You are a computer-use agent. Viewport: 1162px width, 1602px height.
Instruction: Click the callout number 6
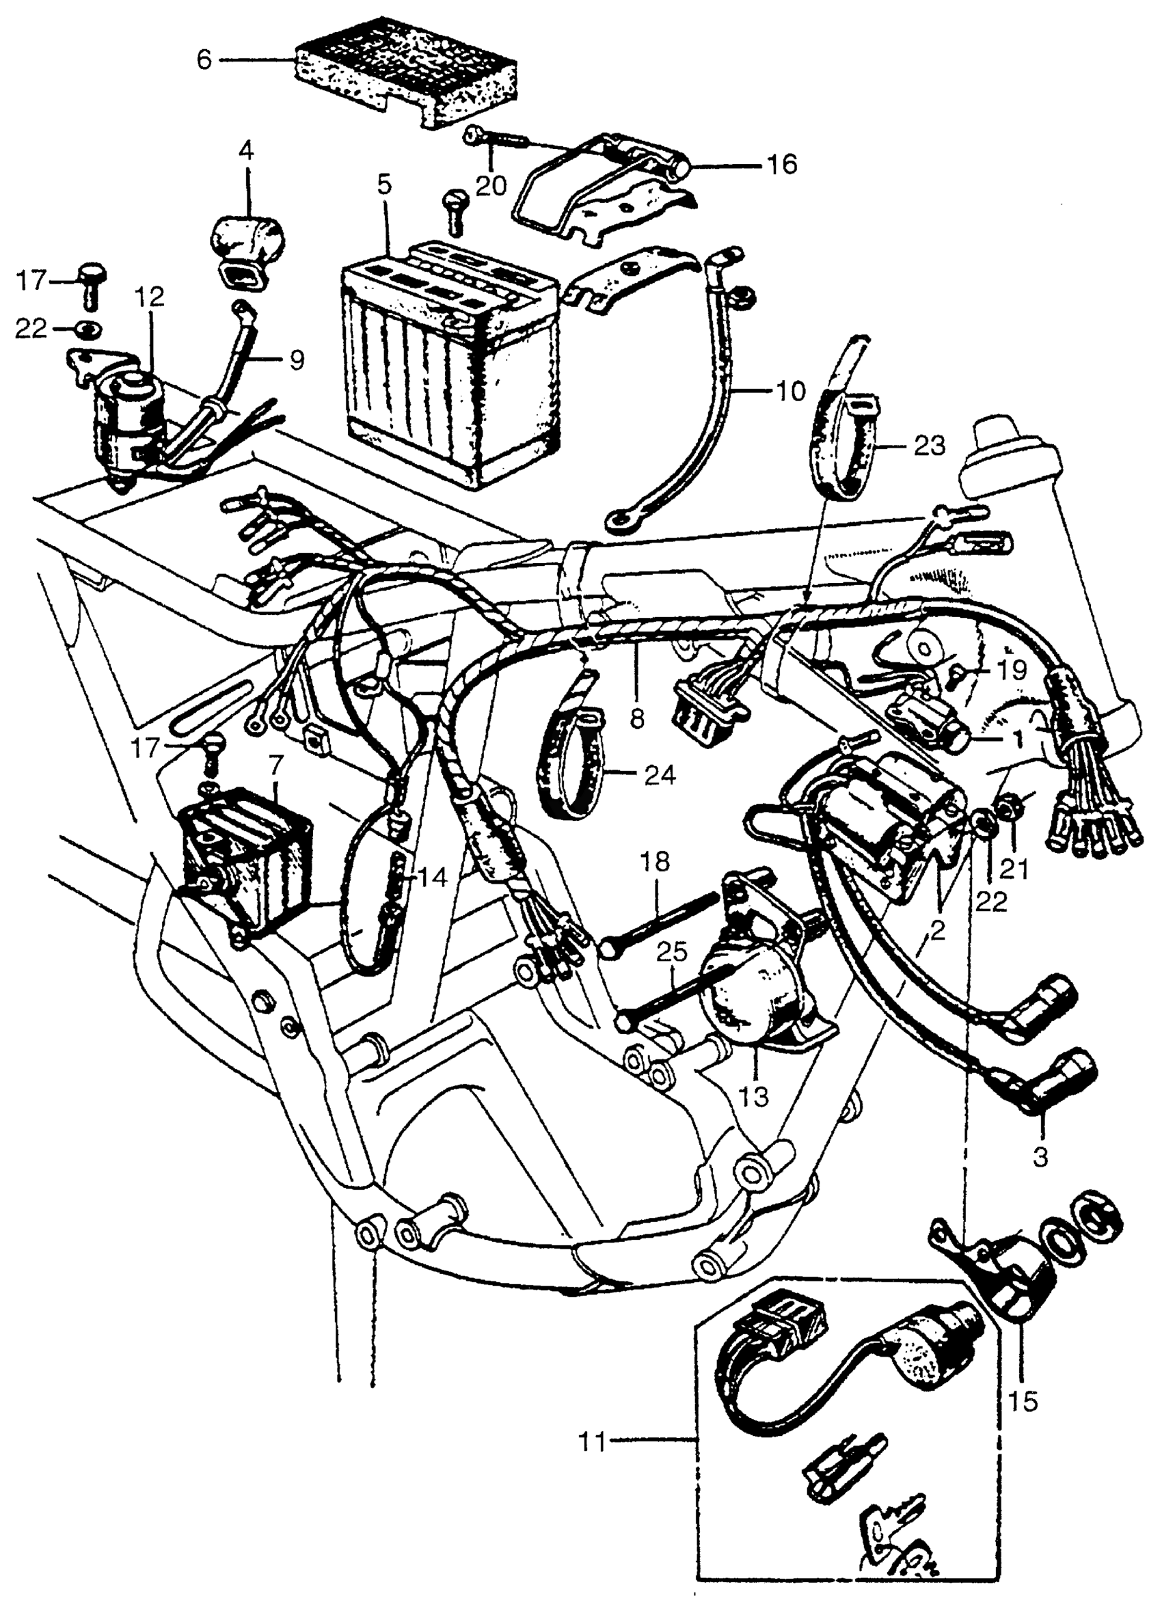pyautogui.click(x=204, y=60)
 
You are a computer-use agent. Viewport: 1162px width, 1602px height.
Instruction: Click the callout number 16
pyautogui.click(x=780, y=164)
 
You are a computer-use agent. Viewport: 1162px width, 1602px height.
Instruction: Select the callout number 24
pyautogui.click(x=660, y=776)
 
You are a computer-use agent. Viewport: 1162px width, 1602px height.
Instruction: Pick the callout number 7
pyautogui.click(x=275, y=763)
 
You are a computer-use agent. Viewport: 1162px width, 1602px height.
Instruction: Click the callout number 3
pyautogui.click(x=1040, y=1157)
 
